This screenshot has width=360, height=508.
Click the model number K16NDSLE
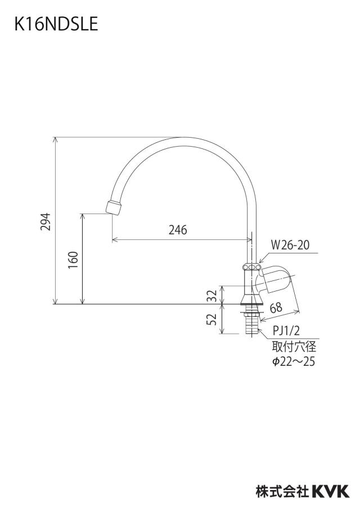click(x=56, y=24)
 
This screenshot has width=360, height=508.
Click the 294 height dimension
click(x=46, y=221)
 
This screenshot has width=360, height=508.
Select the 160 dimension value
click(x=73, y=260)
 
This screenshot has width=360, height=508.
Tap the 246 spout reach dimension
click(x=178, y=230)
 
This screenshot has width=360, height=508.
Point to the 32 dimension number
click(x=212, y=295)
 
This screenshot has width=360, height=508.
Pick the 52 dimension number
click(x=212, y=319)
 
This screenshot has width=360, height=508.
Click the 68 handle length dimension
click(x=276, y=307)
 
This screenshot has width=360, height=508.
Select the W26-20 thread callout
click(x=290, y=245)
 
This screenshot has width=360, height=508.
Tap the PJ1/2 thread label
click(x=286, y=331)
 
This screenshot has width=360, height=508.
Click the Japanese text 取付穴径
click(x=294, y=347)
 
